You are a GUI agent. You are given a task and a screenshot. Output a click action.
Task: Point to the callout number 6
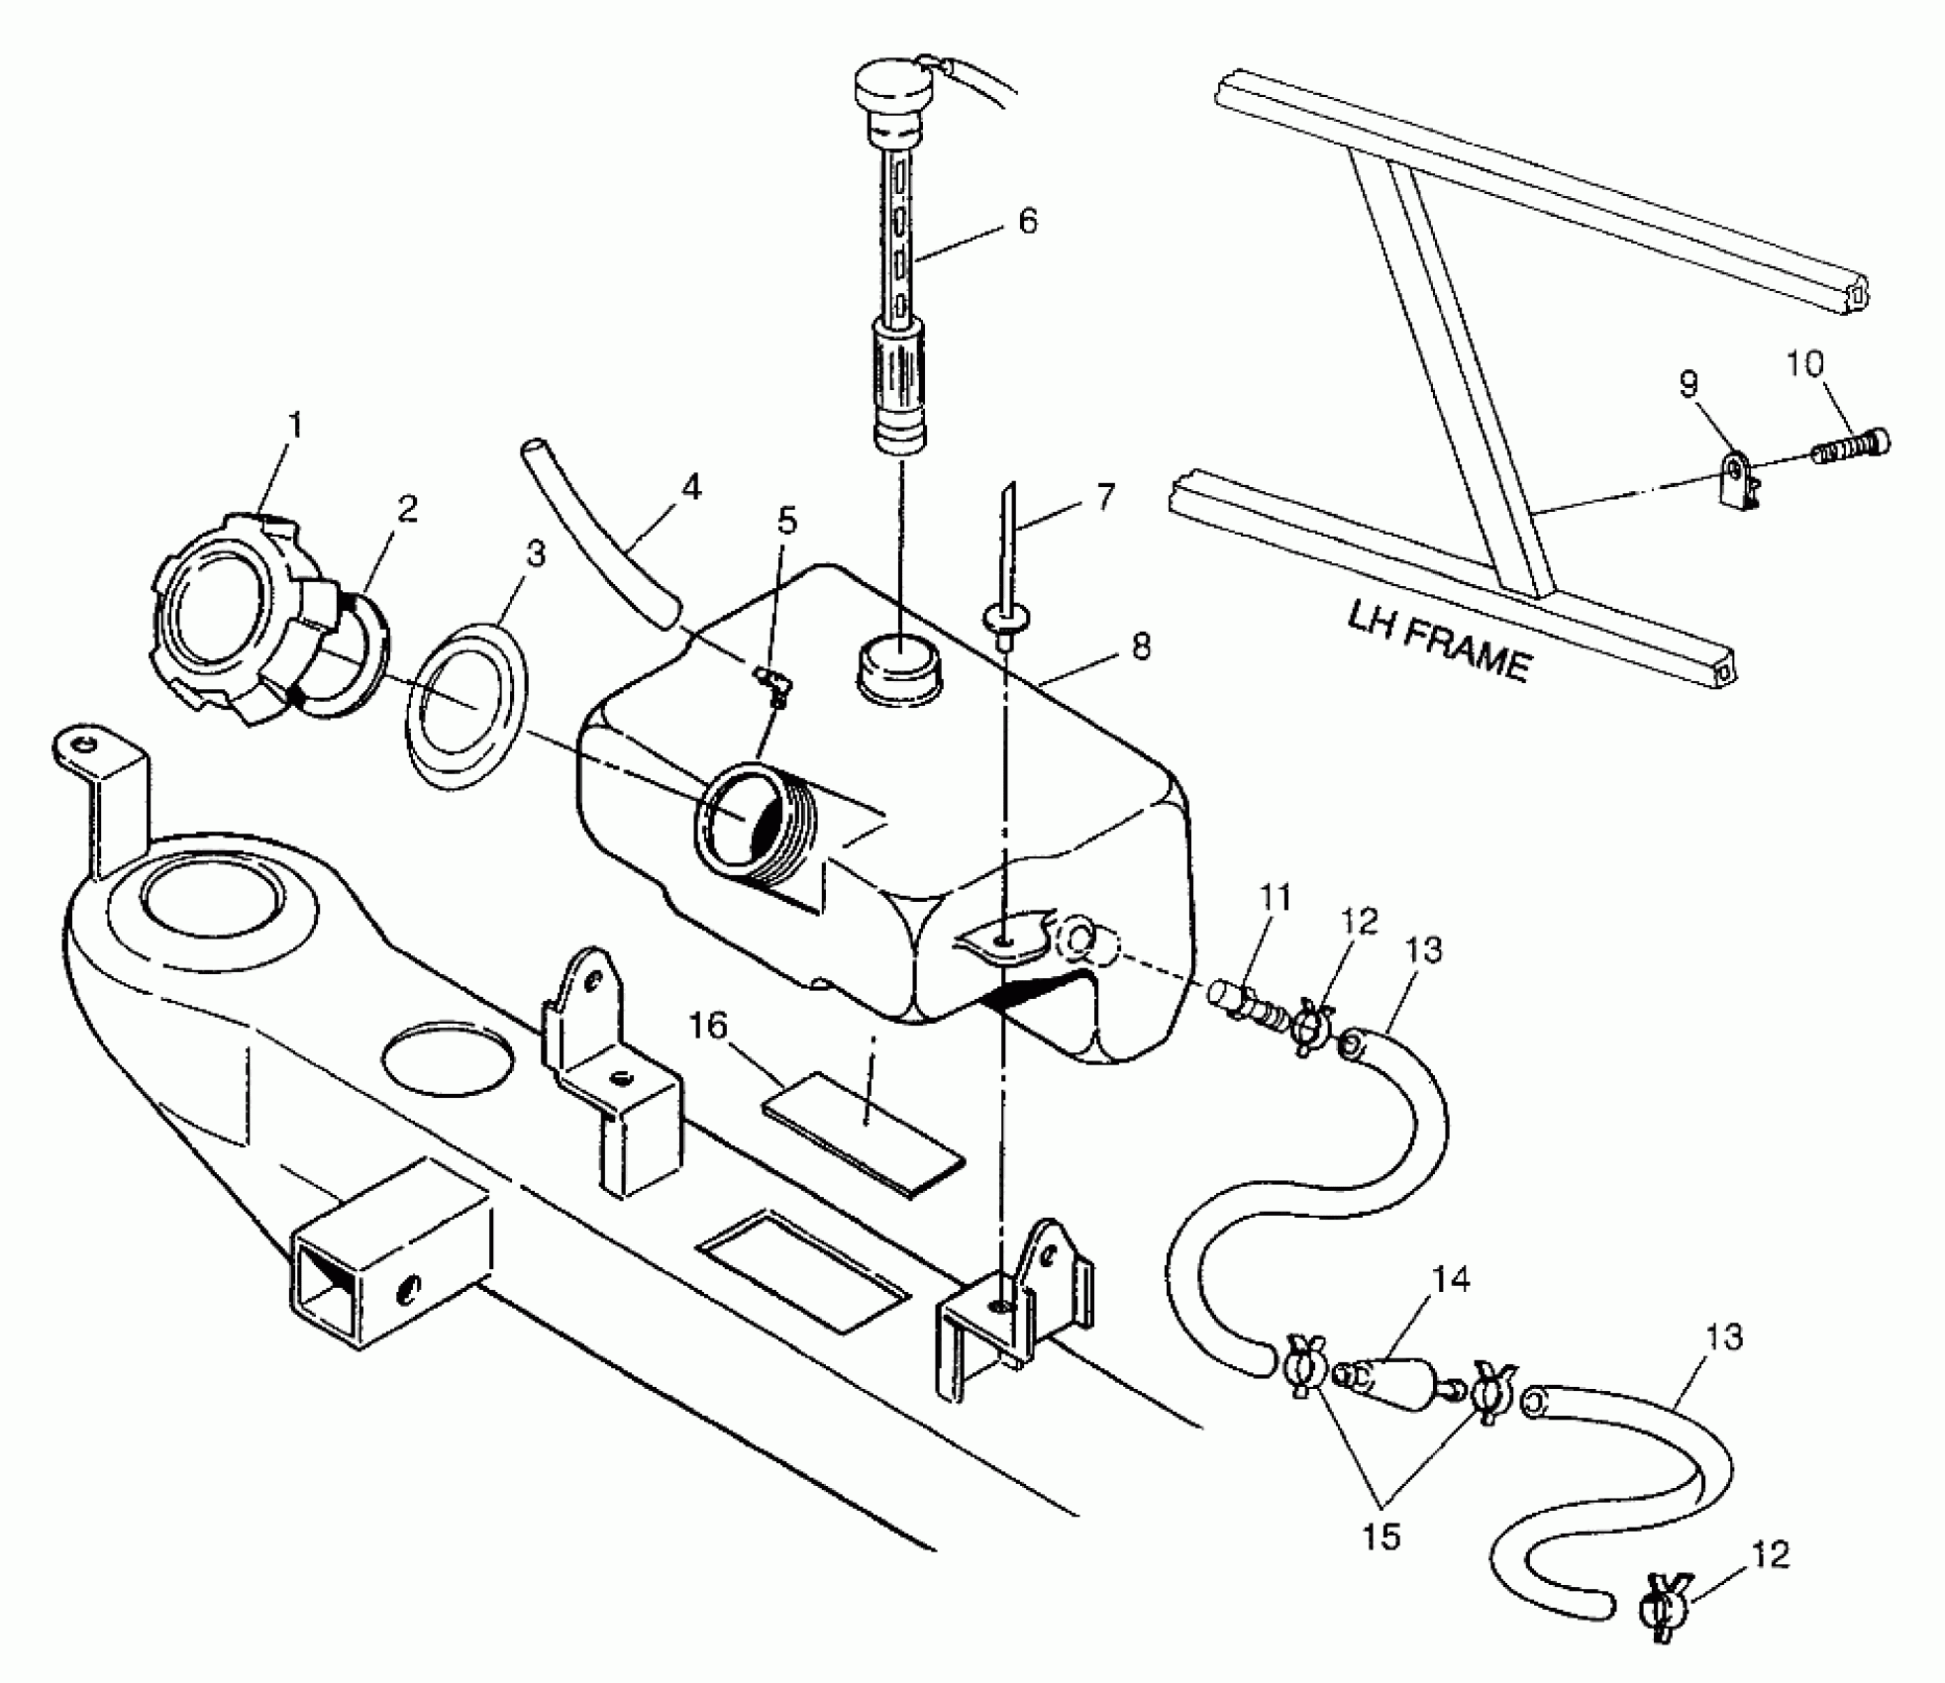(x=1028, y=221)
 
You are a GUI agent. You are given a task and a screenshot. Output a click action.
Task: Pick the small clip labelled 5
(x=773, y=685)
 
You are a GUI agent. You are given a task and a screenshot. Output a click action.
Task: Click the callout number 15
(x=1382, y=1536)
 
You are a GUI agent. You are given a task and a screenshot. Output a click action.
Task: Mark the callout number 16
(x=708, y=1027)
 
